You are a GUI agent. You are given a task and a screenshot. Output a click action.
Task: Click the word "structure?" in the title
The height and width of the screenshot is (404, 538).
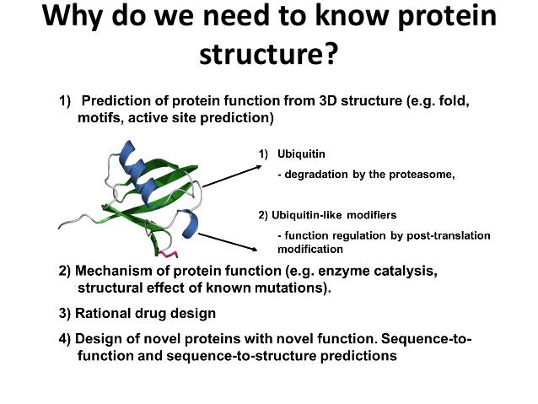point(269,54)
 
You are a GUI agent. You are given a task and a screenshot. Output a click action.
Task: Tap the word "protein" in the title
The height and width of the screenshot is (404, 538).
point(447,17)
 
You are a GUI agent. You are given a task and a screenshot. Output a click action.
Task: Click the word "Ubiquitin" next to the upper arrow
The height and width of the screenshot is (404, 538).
point(301,154)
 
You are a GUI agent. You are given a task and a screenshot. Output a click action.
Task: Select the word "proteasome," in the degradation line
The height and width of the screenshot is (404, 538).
point(422,175)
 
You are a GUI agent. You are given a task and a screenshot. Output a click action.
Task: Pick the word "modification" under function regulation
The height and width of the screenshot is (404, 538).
point(310,249)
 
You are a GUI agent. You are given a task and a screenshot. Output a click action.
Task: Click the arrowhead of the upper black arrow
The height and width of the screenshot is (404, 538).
point(258,166)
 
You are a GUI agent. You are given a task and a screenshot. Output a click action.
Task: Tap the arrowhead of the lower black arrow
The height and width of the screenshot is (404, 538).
point(254,250)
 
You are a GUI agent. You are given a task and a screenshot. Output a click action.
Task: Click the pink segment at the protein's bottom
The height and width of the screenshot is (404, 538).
point(169,255)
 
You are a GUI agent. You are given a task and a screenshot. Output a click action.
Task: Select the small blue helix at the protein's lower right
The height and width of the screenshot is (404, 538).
point(190,224)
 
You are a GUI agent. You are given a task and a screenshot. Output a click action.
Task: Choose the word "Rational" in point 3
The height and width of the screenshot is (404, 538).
point(103,314)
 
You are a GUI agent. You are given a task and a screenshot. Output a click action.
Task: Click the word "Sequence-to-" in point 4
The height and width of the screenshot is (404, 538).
point(427,339)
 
